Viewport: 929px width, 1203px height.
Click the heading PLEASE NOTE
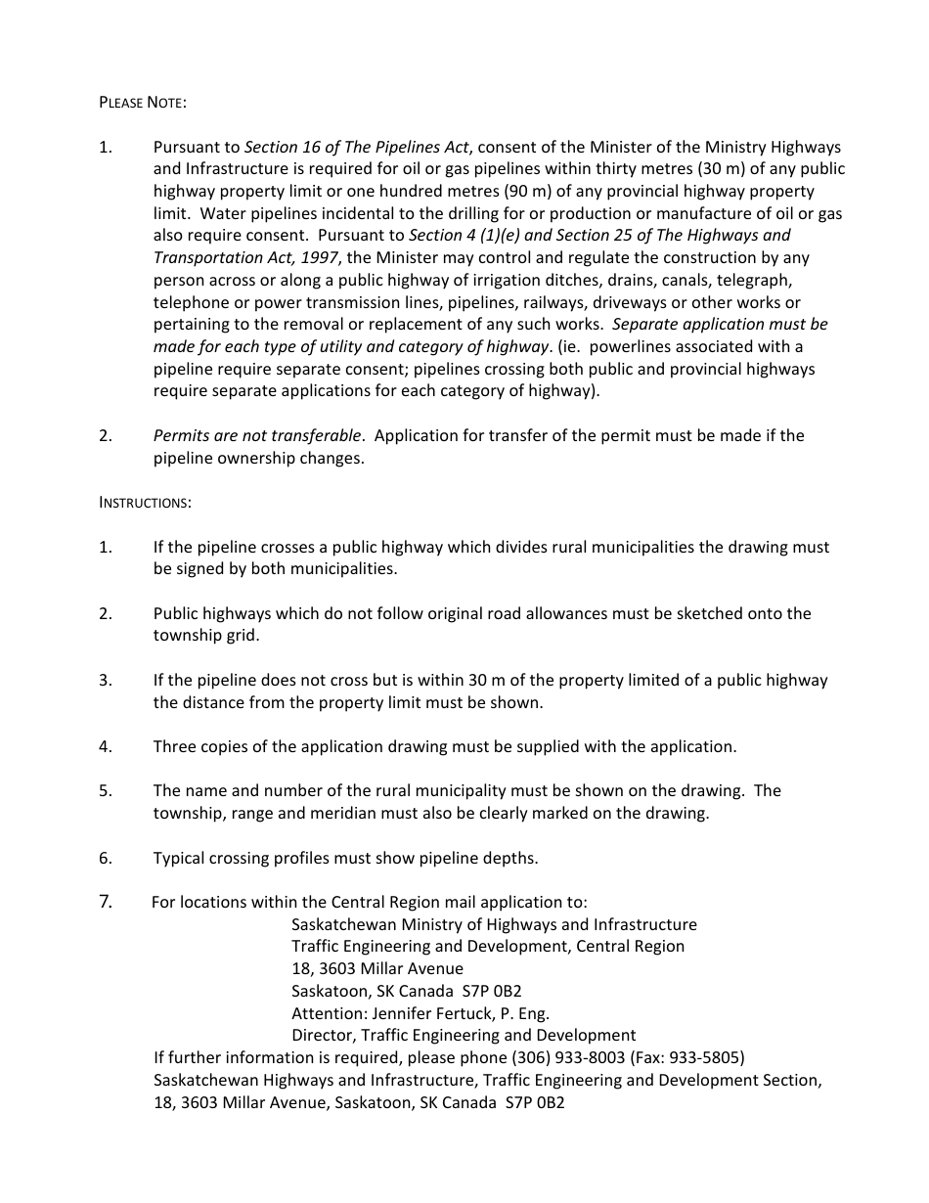142,103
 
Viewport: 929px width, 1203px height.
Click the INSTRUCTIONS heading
145,503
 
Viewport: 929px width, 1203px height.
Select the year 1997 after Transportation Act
318,258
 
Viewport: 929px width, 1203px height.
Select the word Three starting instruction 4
176,746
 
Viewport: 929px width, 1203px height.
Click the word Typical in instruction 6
182,858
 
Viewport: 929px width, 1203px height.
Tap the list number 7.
106,902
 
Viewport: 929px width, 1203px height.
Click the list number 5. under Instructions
106,790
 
